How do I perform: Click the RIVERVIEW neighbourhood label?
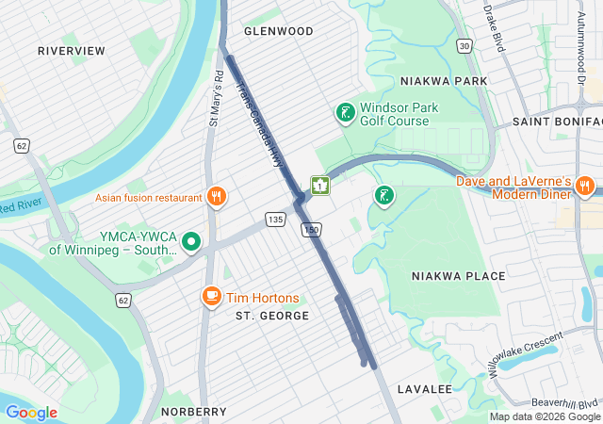[71, 50]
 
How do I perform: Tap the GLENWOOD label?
[278, 31]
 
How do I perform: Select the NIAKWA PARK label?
[443, 81]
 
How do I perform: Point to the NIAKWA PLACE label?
[458, 276]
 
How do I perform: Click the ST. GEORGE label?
[272, 316]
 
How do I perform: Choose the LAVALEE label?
[425, 389]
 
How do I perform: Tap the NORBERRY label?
[193, 412]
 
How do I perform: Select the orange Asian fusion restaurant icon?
[217, 197]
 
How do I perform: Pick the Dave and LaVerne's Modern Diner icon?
[584, 187]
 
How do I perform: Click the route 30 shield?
[464, 45]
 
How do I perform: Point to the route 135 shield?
[275, 220]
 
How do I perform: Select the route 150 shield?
[310, 231]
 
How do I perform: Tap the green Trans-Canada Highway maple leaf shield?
[320, 185]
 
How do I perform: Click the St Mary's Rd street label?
[215, 98]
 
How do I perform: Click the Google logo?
[31, 413]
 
